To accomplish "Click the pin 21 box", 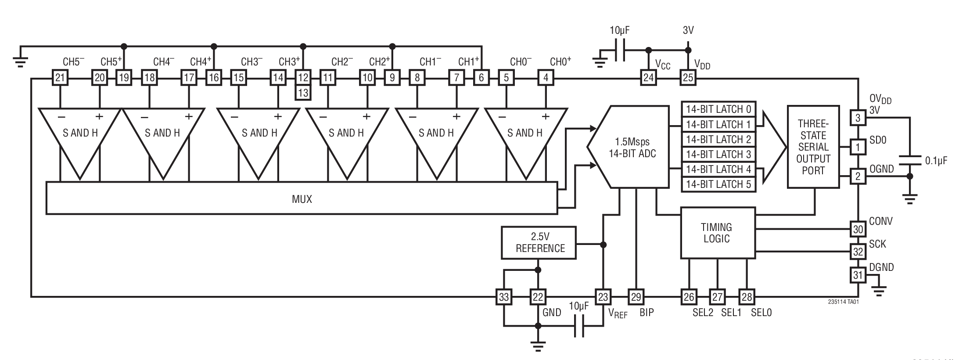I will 60,78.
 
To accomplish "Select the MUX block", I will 302,199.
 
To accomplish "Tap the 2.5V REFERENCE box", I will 539,243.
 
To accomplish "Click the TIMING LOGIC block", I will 717,233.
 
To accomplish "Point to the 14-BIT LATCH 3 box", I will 718,154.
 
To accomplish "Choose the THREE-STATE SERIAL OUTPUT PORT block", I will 813,147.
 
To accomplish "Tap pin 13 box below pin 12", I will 303,93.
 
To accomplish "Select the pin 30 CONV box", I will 858,229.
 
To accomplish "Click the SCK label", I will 877,245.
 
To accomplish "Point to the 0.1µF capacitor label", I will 936,161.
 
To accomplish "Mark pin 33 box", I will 504,297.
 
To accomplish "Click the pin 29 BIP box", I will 636,297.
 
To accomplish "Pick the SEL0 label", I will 761,313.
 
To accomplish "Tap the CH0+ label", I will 560,62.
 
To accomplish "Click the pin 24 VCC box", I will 648,78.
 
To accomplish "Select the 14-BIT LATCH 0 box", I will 718,109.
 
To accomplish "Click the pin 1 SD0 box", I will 858,147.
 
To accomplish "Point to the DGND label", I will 881,267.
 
